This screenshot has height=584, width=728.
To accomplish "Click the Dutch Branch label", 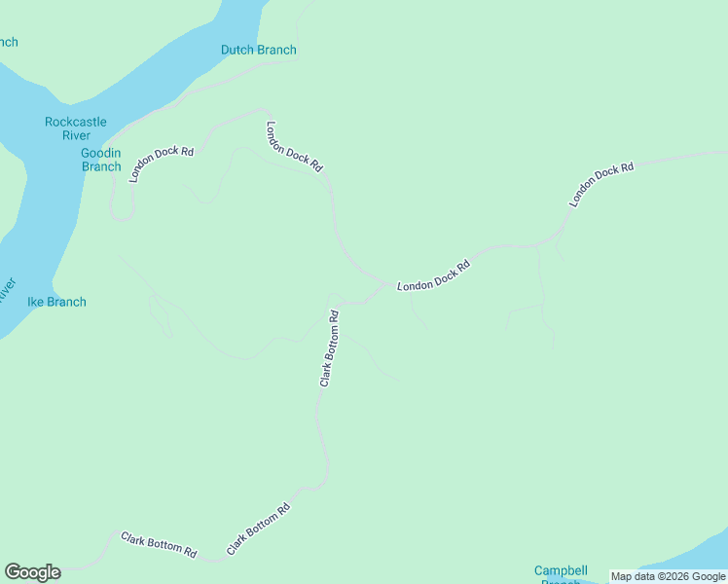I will point(258,50).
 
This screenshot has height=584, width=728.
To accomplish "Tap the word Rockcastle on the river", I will point(76,122).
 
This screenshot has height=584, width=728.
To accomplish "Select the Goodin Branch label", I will point(101,160).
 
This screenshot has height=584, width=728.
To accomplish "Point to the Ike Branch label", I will point(56,302).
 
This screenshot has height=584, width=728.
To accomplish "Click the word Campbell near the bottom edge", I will point(561,570).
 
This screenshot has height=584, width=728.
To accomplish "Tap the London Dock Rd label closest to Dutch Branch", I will point(294,146).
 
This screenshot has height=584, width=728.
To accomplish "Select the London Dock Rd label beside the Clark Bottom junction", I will point(434,276).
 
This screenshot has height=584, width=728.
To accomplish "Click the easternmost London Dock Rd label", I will point(601,184).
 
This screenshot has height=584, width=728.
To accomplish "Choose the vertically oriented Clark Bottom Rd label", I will point(329,348).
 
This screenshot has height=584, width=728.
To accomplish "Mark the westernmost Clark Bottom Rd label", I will point(159,544).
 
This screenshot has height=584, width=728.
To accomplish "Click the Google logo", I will point(32,572).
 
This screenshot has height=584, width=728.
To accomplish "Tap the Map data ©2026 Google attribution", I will point(668,577).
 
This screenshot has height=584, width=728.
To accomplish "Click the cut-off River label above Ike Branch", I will point(6,290).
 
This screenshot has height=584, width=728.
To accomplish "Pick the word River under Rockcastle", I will point(76,135).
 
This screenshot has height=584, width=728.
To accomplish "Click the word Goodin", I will point(101,153).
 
